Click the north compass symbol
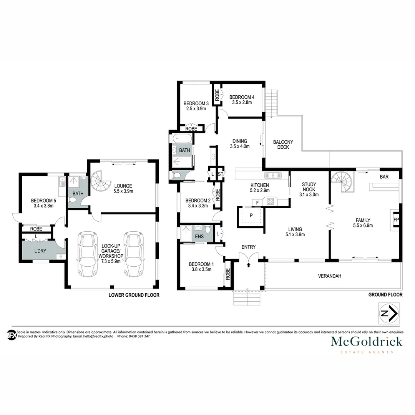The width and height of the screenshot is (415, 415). coord(388,313)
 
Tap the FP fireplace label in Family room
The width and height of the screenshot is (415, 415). coord(396,220)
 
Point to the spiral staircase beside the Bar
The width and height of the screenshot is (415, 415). coord(342,182)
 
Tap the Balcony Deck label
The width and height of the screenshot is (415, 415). coord(283,144)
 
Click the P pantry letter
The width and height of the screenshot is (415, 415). coord(251,215)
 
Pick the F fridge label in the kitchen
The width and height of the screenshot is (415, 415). coord(257,202)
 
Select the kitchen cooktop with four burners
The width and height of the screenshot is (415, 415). coord(270,201)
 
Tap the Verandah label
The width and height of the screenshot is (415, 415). coord(330,276)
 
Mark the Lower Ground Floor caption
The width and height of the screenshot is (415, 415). coord(134,295)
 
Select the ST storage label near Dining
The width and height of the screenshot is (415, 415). coord(221,174)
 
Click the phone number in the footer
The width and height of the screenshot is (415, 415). coord(134,336)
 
